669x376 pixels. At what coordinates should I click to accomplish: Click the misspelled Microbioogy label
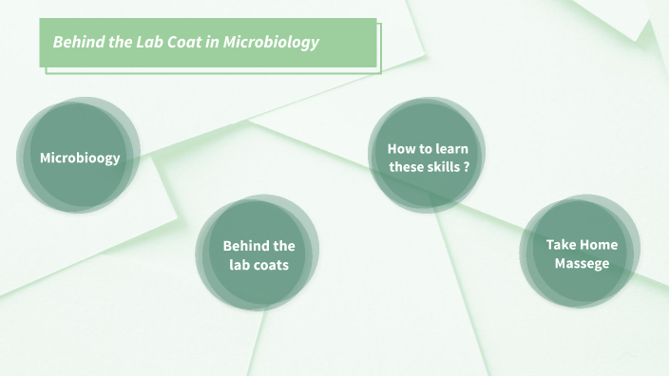80,158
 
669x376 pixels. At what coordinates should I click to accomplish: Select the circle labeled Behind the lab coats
258,254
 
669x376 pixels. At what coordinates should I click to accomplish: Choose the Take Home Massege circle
582,254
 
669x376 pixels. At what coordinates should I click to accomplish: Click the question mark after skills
467,167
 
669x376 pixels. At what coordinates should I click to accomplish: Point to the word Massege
582,263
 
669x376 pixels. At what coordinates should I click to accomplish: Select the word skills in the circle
444,167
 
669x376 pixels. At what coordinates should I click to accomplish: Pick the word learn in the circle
449,149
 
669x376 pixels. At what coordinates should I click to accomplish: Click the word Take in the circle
561,245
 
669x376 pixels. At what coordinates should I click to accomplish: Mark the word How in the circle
400,149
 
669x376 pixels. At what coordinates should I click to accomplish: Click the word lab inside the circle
239,265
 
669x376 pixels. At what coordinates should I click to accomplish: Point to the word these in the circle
408,167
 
